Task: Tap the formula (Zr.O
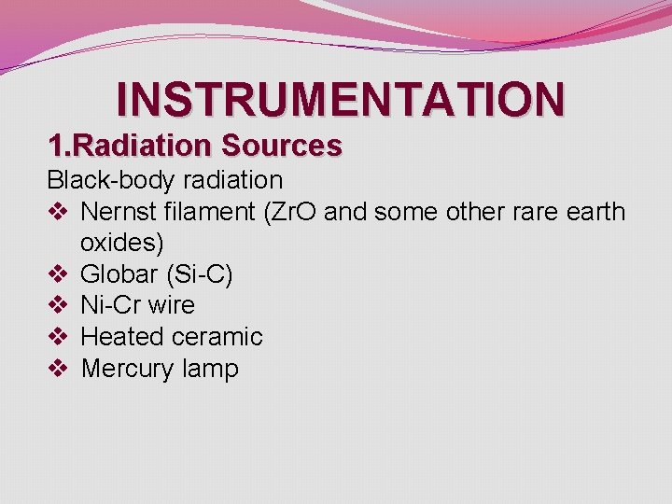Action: pos(291,212)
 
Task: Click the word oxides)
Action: pos(122,244)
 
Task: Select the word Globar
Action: pos(118,274)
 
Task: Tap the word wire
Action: pos(170,305)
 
